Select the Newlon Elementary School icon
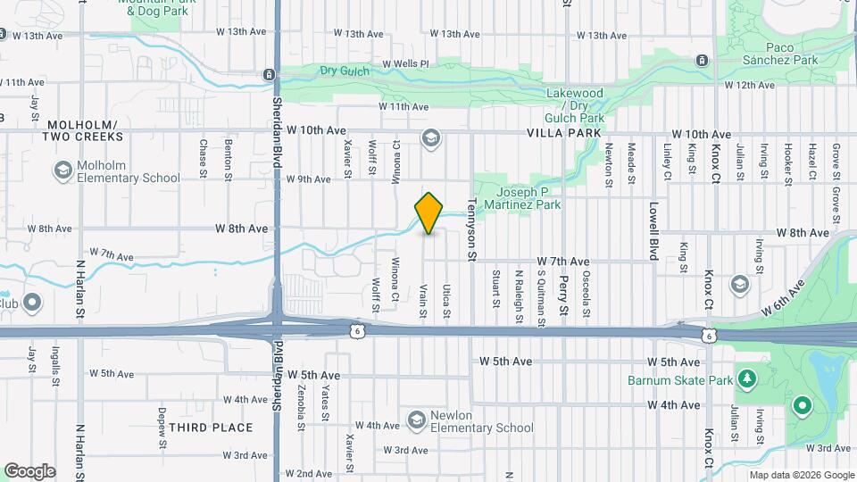tap(416, 420)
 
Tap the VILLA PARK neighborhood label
tap(564, 131)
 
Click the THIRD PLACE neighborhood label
tap(211, 428)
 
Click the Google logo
tap(29, 471)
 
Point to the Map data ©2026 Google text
tap(802, 475)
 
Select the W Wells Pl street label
tap(405, 64)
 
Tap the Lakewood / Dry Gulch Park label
tap(575, 105)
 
